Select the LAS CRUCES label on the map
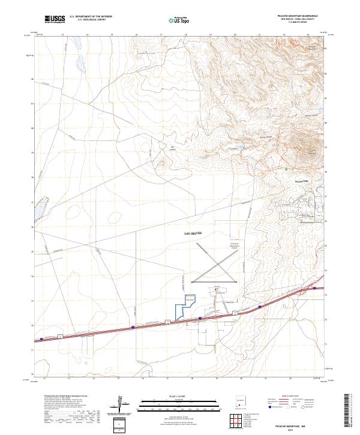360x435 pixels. [x=193, y=233]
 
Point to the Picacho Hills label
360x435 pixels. [x=300, y=180]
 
